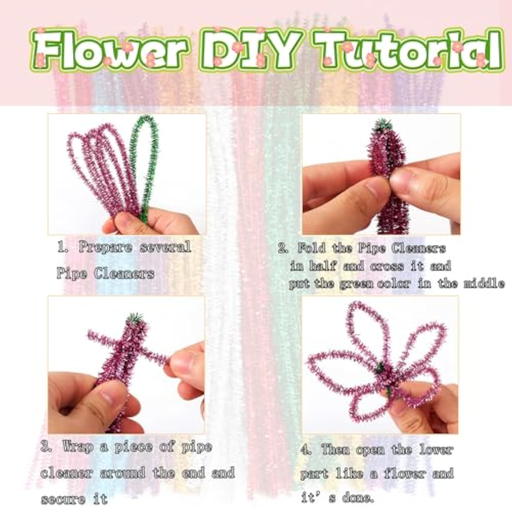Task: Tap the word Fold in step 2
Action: [311, 248]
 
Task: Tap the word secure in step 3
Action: [63, 500]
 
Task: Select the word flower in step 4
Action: [404, 474]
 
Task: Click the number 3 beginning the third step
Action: [45, 447]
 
